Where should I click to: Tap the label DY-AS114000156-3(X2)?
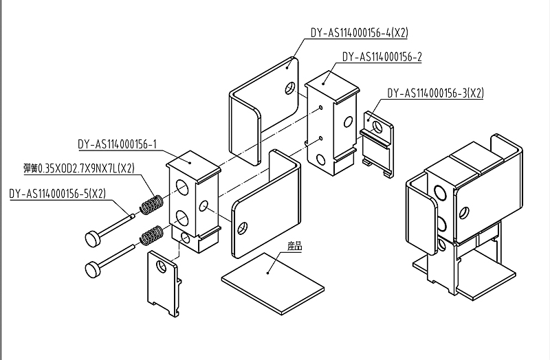click(x=435, y=93)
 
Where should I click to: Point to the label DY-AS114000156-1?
click(x=118, y=144)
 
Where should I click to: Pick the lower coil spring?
click(x=151, y=236)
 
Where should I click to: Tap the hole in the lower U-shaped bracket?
click(x=242, y=227)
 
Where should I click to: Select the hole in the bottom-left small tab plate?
click(x=161, y=265)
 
